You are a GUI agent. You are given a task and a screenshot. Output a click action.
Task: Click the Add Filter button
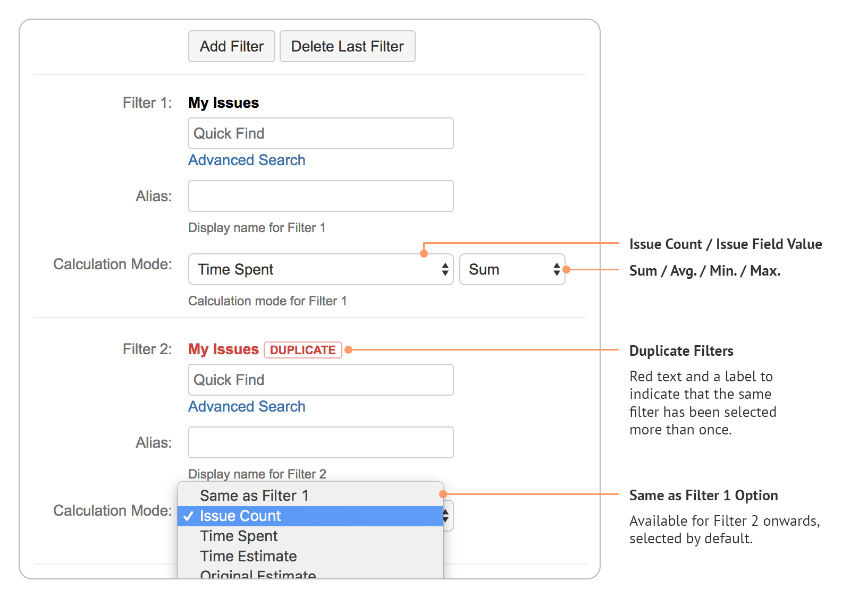coord(232,46)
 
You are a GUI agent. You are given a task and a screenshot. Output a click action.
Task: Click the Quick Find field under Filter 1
coord(321,133)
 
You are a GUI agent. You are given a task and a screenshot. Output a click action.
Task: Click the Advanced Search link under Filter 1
coord(247,160)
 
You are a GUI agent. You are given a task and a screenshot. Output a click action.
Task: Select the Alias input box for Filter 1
coord(321,196)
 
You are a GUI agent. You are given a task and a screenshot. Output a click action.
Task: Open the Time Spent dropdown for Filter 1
coord(321,269)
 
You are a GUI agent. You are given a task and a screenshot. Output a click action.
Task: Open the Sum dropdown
coord(512,269)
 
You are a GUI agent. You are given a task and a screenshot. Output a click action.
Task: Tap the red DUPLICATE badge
coord(302,350)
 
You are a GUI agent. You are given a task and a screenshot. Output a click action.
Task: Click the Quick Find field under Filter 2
coord(321,380)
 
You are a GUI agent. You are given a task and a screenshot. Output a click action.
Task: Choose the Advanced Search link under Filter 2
coord(247,406)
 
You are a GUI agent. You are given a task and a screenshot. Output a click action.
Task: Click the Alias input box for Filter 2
coord(321,442)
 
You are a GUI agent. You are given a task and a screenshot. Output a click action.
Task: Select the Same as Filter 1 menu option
coord(254,496)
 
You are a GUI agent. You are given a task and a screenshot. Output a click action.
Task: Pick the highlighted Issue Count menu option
coord(240,516)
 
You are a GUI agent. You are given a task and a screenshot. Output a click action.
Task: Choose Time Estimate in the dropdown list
coord(248,556)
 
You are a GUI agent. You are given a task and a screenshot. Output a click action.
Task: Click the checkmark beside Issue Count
coord(188,516)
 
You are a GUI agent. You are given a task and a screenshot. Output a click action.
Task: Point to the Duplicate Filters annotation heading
coord(681,351)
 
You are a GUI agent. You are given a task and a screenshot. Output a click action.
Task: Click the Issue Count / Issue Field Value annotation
coord(726,244)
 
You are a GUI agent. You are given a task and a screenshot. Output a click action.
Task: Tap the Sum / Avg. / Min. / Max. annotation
coord(705,271)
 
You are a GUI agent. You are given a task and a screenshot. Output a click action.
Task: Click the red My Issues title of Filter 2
coord(223,349)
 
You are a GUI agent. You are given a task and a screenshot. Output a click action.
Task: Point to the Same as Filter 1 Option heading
coord(703,496)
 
